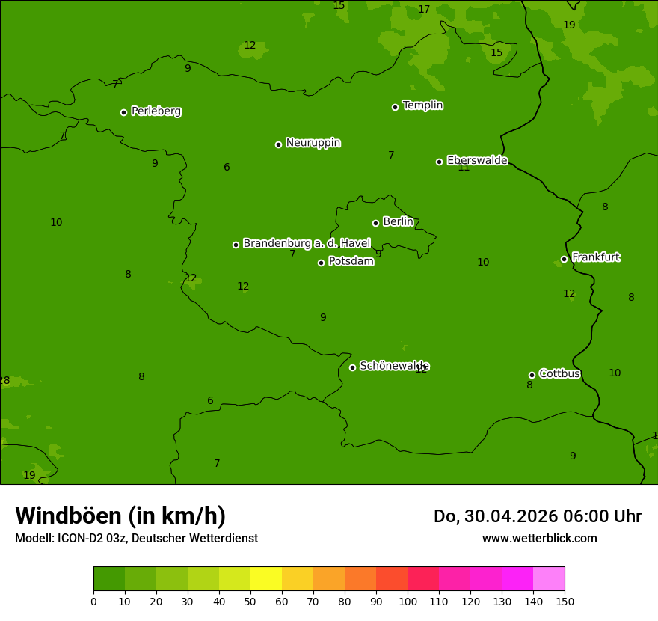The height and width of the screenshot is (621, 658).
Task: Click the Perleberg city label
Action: [156, 111]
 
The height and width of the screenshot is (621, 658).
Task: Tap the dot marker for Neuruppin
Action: [278, 144]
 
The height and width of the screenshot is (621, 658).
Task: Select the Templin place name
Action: [422, 105]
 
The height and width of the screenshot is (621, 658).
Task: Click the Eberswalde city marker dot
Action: [439, 162]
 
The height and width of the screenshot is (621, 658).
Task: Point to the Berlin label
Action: [398, 222]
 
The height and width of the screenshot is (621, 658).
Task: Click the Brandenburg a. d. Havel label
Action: [307, 243]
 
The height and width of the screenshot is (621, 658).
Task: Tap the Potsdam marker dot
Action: [321, 263]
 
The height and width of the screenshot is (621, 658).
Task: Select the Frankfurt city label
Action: [595, 257]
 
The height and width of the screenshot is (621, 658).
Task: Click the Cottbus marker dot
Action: [532, 375]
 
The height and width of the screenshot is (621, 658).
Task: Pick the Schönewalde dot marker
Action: [352, 367]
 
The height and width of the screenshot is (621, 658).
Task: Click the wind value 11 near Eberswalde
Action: [464, 168]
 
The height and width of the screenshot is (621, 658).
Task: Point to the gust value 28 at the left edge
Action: [4, 381]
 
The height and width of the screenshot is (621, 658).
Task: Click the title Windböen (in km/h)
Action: [120, 516]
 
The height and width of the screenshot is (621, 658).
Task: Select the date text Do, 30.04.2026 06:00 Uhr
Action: [537, 516]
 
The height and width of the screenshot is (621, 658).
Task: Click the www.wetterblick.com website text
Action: [539, 539]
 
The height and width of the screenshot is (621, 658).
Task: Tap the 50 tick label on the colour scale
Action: [250, 602]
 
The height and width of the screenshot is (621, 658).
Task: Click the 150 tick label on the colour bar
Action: [565, 602]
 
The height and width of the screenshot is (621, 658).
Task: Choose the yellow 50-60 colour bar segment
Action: [266, 579]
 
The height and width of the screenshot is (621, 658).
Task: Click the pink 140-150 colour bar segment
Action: [549, 579]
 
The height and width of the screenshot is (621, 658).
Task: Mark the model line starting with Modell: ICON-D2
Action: [136, 539]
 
